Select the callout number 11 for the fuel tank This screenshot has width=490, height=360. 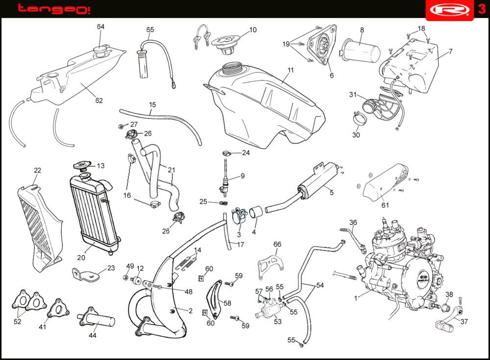291,70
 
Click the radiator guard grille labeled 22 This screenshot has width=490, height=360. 39,221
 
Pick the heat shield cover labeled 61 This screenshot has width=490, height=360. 385,184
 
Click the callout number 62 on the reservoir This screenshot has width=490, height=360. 99,101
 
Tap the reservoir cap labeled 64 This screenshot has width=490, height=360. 101,50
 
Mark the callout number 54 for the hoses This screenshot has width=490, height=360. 320,284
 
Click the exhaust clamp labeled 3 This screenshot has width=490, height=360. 237,215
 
